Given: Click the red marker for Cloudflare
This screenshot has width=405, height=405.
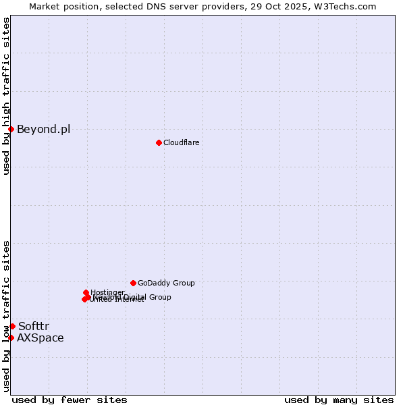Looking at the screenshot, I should click(x=159, y=142).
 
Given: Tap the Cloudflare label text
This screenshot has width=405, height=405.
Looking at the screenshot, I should click(x=181, y=142).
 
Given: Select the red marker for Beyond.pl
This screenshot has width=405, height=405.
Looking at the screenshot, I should click(x=11, y=129).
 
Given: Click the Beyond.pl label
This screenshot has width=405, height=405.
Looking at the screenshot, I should click(x=43, y=129).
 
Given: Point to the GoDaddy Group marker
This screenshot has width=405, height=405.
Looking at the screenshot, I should click(x=133, y=283).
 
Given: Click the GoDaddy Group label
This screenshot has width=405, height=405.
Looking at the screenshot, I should click(x=166, y=283).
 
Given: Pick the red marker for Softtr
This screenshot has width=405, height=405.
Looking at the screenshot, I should click(x=12, y=326).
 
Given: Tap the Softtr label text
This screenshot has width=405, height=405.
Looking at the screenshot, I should click(x=34, y=326).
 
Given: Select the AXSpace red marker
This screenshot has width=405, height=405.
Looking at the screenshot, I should click(x=11, y=337).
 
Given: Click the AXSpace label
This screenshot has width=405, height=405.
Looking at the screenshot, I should click(x=40, y=337).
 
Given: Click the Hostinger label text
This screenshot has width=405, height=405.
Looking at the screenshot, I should click(x=107, y=292).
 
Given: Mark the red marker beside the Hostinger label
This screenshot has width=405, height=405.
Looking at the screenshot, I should click(x=86, y=293).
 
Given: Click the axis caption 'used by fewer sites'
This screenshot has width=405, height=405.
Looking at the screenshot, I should click(x=70, y=400).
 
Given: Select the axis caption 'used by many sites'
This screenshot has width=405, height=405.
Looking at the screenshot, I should click(x=339, y=400).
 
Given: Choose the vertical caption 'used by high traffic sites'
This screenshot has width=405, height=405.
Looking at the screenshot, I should click(x=7, y=96).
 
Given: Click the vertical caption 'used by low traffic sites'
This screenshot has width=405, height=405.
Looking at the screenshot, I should click(x=7, y=316).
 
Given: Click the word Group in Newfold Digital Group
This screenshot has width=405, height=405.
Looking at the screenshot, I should click(x=159, y=297).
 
